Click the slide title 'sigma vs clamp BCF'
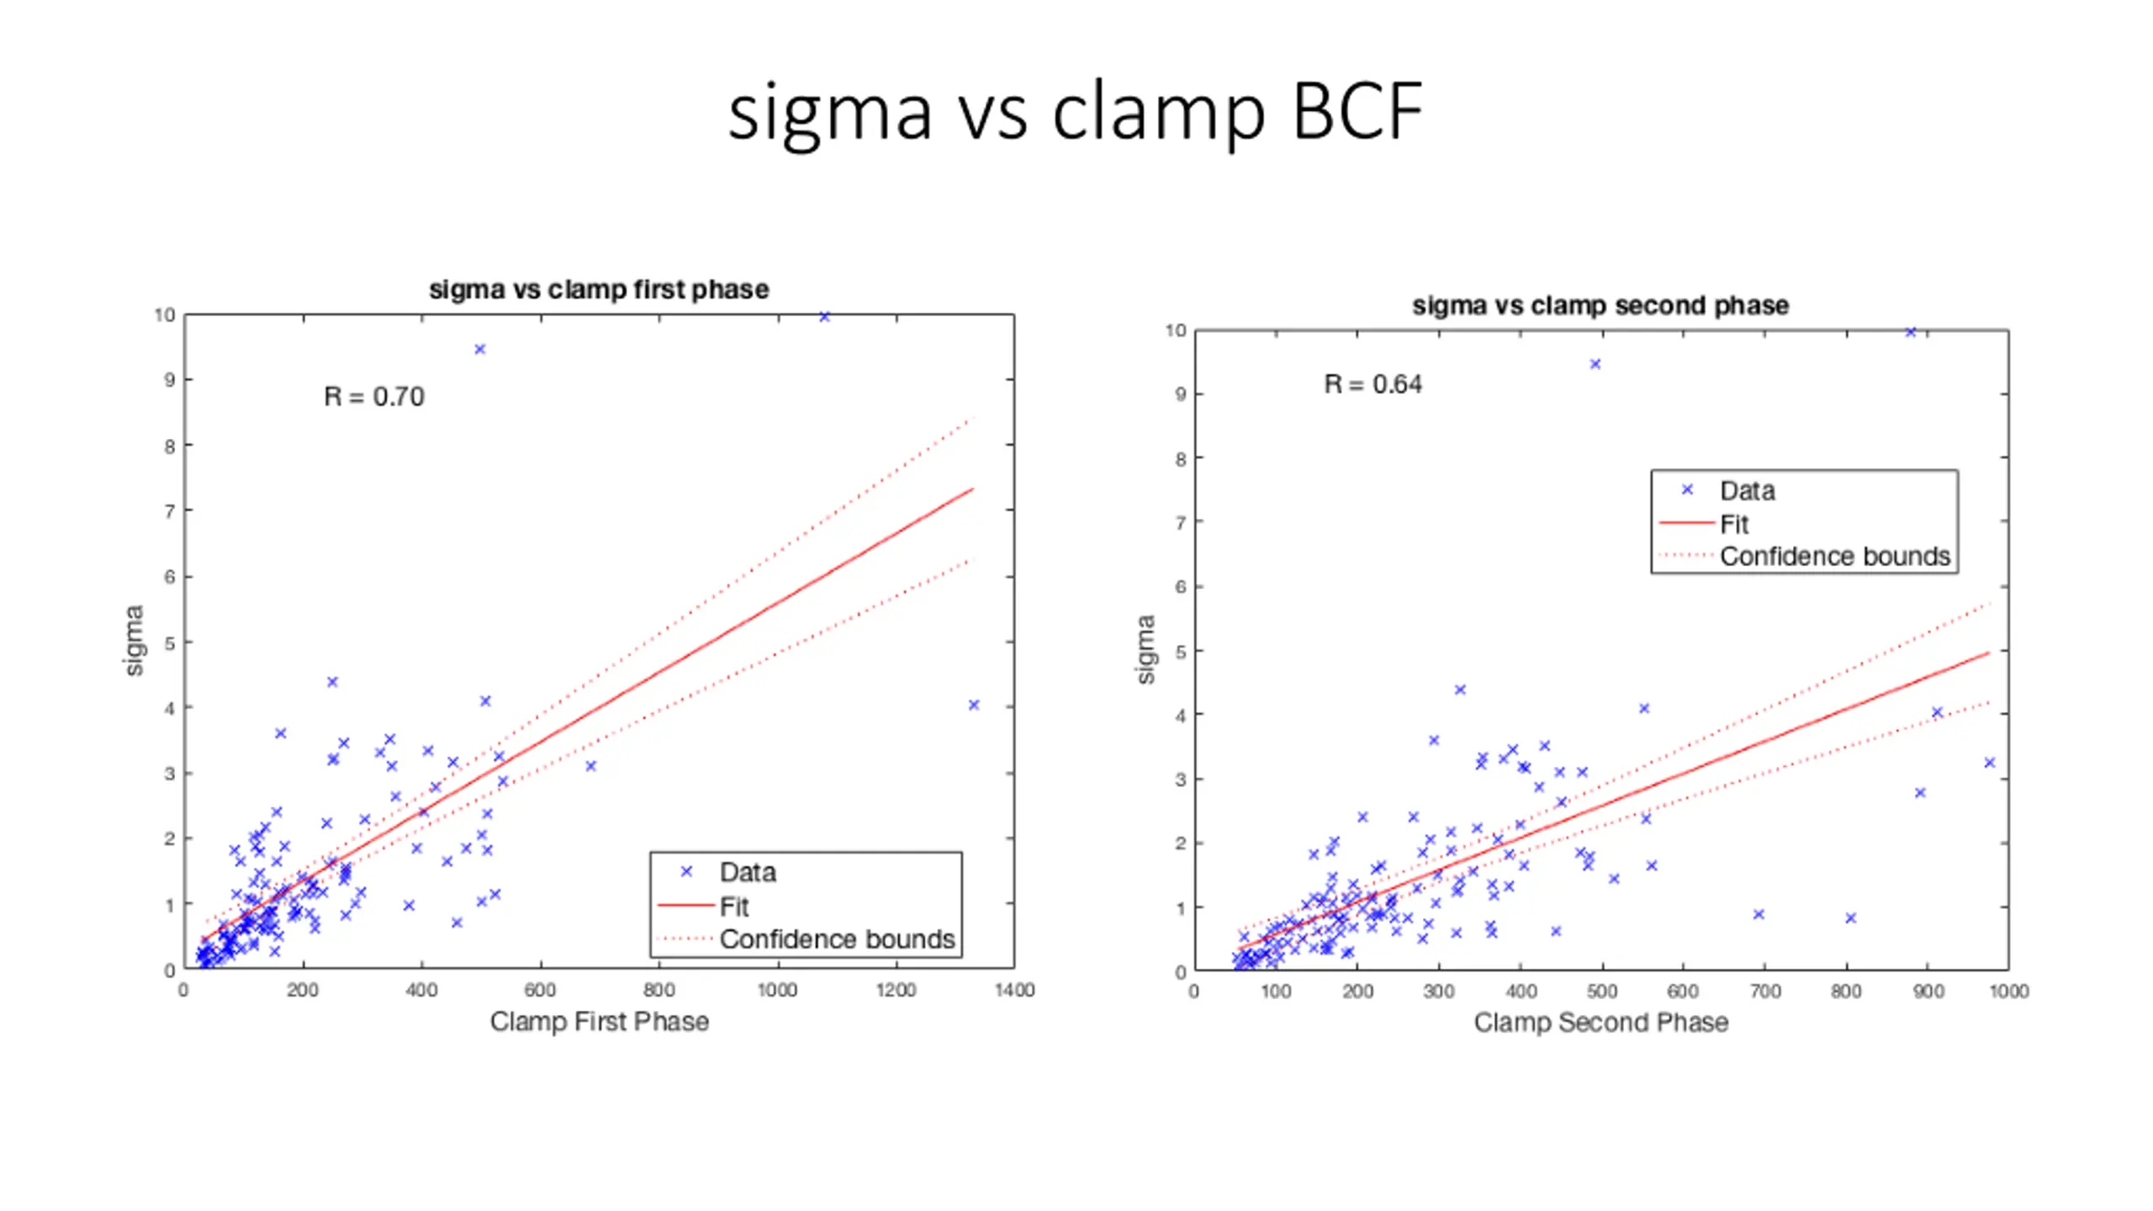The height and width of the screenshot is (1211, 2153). click(x=1075, y=112)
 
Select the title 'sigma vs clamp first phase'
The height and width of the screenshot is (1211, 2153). click(x=599, y=289)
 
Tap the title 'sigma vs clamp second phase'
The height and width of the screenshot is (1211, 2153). click(x=1600, y=305)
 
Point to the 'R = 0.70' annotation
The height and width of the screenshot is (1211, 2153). click(x=374, y=396)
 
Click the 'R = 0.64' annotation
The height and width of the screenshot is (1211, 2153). click(x=1373, y=384)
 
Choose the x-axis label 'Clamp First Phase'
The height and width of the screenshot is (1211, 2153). click(x=599, y=1021)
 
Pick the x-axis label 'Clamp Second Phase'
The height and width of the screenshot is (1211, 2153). click(x=1600, y=1022)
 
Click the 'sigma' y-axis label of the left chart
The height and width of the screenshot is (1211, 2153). click(x=134, y=640)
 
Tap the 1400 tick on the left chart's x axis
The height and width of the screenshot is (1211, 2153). click(x=1014, y=990)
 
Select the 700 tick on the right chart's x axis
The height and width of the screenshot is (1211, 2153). click(x=1764, y=992)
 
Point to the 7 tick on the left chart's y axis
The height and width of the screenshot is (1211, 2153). click(x=170, y=511)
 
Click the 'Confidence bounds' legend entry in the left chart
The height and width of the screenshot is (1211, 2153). click(x=837, y=939)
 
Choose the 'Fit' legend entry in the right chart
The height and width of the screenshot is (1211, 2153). click(x=1733, y=524)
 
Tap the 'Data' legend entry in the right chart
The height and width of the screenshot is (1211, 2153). click(x=1747, y=490)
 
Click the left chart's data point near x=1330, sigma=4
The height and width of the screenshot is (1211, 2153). click(x=974, y=706)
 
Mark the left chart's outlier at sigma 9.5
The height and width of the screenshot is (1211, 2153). click(x=480, y=349)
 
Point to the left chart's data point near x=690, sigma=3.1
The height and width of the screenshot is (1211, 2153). click(x=590, y=766)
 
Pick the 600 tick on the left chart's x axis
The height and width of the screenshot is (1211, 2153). click(x=540, y=990)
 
